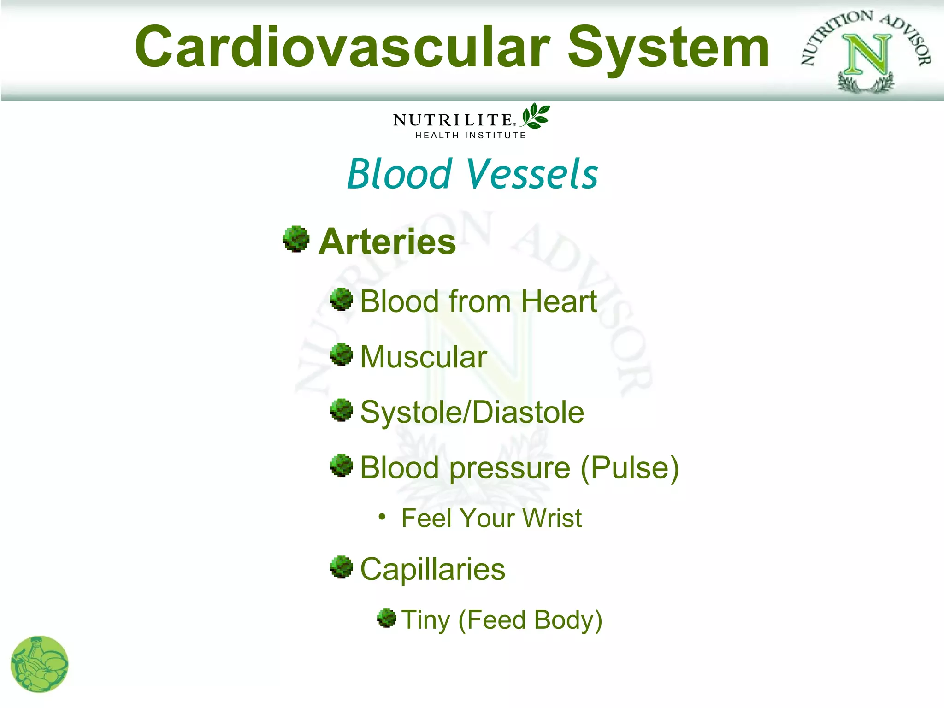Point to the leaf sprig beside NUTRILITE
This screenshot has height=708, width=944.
pyautogui.click(x=536, y=116)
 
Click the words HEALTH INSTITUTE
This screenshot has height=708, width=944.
pyautogui.click(x=470, y=135)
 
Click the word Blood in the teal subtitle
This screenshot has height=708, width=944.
pyautogui.click(x=399, y=174)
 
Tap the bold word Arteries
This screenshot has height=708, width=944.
pyautogui.click(x=387, y=242)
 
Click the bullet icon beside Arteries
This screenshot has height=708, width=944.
pyautogui.click(x=296, y=239)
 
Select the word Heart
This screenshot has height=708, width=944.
pyautogui.click(x=559, y=301)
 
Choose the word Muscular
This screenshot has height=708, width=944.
pyautogui.click(x=423, y=357)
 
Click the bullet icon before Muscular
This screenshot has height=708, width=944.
pyautogui.click(x=342, y=355)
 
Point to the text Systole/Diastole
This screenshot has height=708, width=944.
pyautogui.click(x=472, y=412)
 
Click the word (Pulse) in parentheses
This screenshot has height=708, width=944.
pyautogui.click(x=630, y=468)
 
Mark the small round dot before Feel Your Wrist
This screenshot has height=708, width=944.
pyautogui.click(x=382, y=517)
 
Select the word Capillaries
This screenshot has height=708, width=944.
pyautogui.click(x=432, y=570)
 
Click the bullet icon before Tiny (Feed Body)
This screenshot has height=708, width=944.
pyautogui.click(x=386, y=618)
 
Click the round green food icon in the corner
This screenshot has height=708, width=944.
pyautogui.click(x=40, y=664)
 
